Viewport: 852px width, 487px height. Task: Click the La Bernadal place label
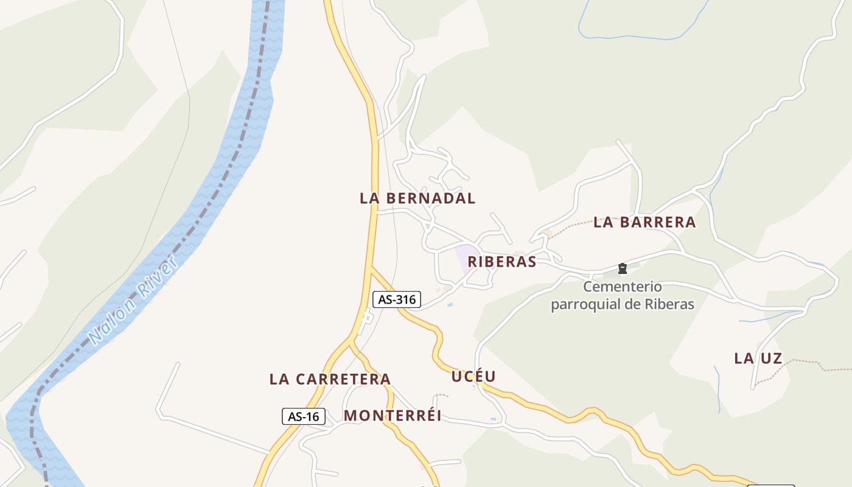(x=417, y=198)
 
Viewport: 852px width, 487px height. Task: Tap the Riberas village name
(x=501, y=262)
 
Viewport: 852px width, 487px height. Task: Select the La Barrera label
(x=644, y=222)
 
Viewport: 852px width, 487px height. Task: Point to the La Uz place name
(x=758, y=359)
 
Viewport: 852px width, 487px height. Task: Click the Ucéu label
(x=473, y=376)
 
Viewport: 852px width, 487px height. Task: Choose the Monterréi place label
(x=393, y=416)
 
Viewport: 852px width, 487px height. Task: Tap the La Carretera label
(x=330, y=379)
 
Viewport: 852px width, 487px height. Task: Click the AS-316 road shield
(x=397, y=300)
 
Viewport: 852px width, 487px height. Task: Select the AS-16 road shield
(x=304, y=417)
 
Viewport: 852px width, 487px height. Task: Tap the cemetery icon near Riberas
(x=622, y=268)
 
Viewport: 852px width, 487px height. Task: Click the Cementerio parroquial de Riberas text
(x=623, y=295)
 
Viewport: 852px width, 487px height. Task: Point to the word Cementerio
(x=623, y=287)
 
